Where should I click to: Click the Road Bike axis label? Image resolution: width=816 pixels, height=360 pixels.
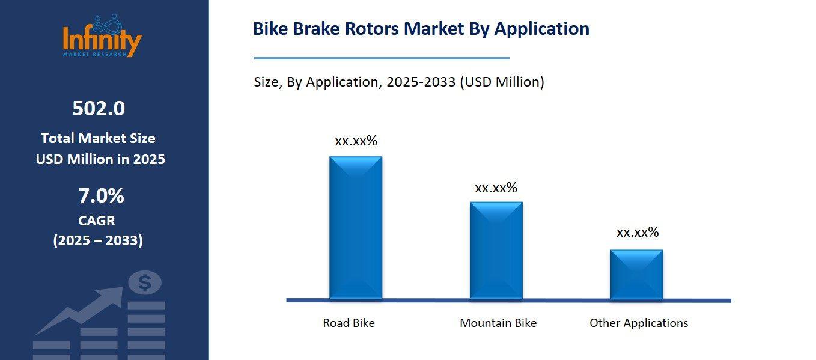coord(349,323)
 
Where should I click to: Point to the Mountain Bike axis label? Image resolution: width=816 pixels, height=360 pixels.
coord(498,323)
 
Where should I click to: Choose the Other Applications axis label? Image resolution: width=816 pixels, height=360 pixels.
coord(639,323)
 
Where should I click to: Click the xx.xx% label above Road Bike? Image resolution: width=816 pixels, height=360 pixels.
coord(356,141)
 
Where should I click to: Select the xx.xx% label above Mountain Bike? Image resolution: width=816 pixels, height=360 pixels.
coord(496,188)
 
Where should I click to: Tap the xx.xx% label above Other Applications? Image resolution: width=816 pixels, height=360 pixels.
coord(638,233)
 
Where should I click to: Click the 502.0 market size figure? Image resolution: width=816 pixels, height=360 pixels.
coord(99,109)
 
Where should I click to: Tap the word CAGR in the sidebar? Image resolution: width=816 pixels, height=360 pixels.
coord(97,221)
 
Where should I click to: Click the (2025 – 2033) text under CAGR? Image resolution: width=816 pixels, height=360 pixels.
coord(98,241)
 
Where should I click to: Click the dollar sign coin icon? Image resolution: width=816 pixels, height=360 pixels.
coord(144,282)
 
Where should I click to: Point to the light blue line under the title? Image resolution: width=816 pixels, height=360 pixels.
coord(382,58)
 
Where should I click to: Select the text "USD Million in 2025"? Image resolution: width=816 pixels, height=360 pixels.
coord(100,159)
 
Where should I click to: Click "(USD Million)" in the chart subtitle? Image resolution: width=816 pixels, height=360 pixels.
coord(502,82)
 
